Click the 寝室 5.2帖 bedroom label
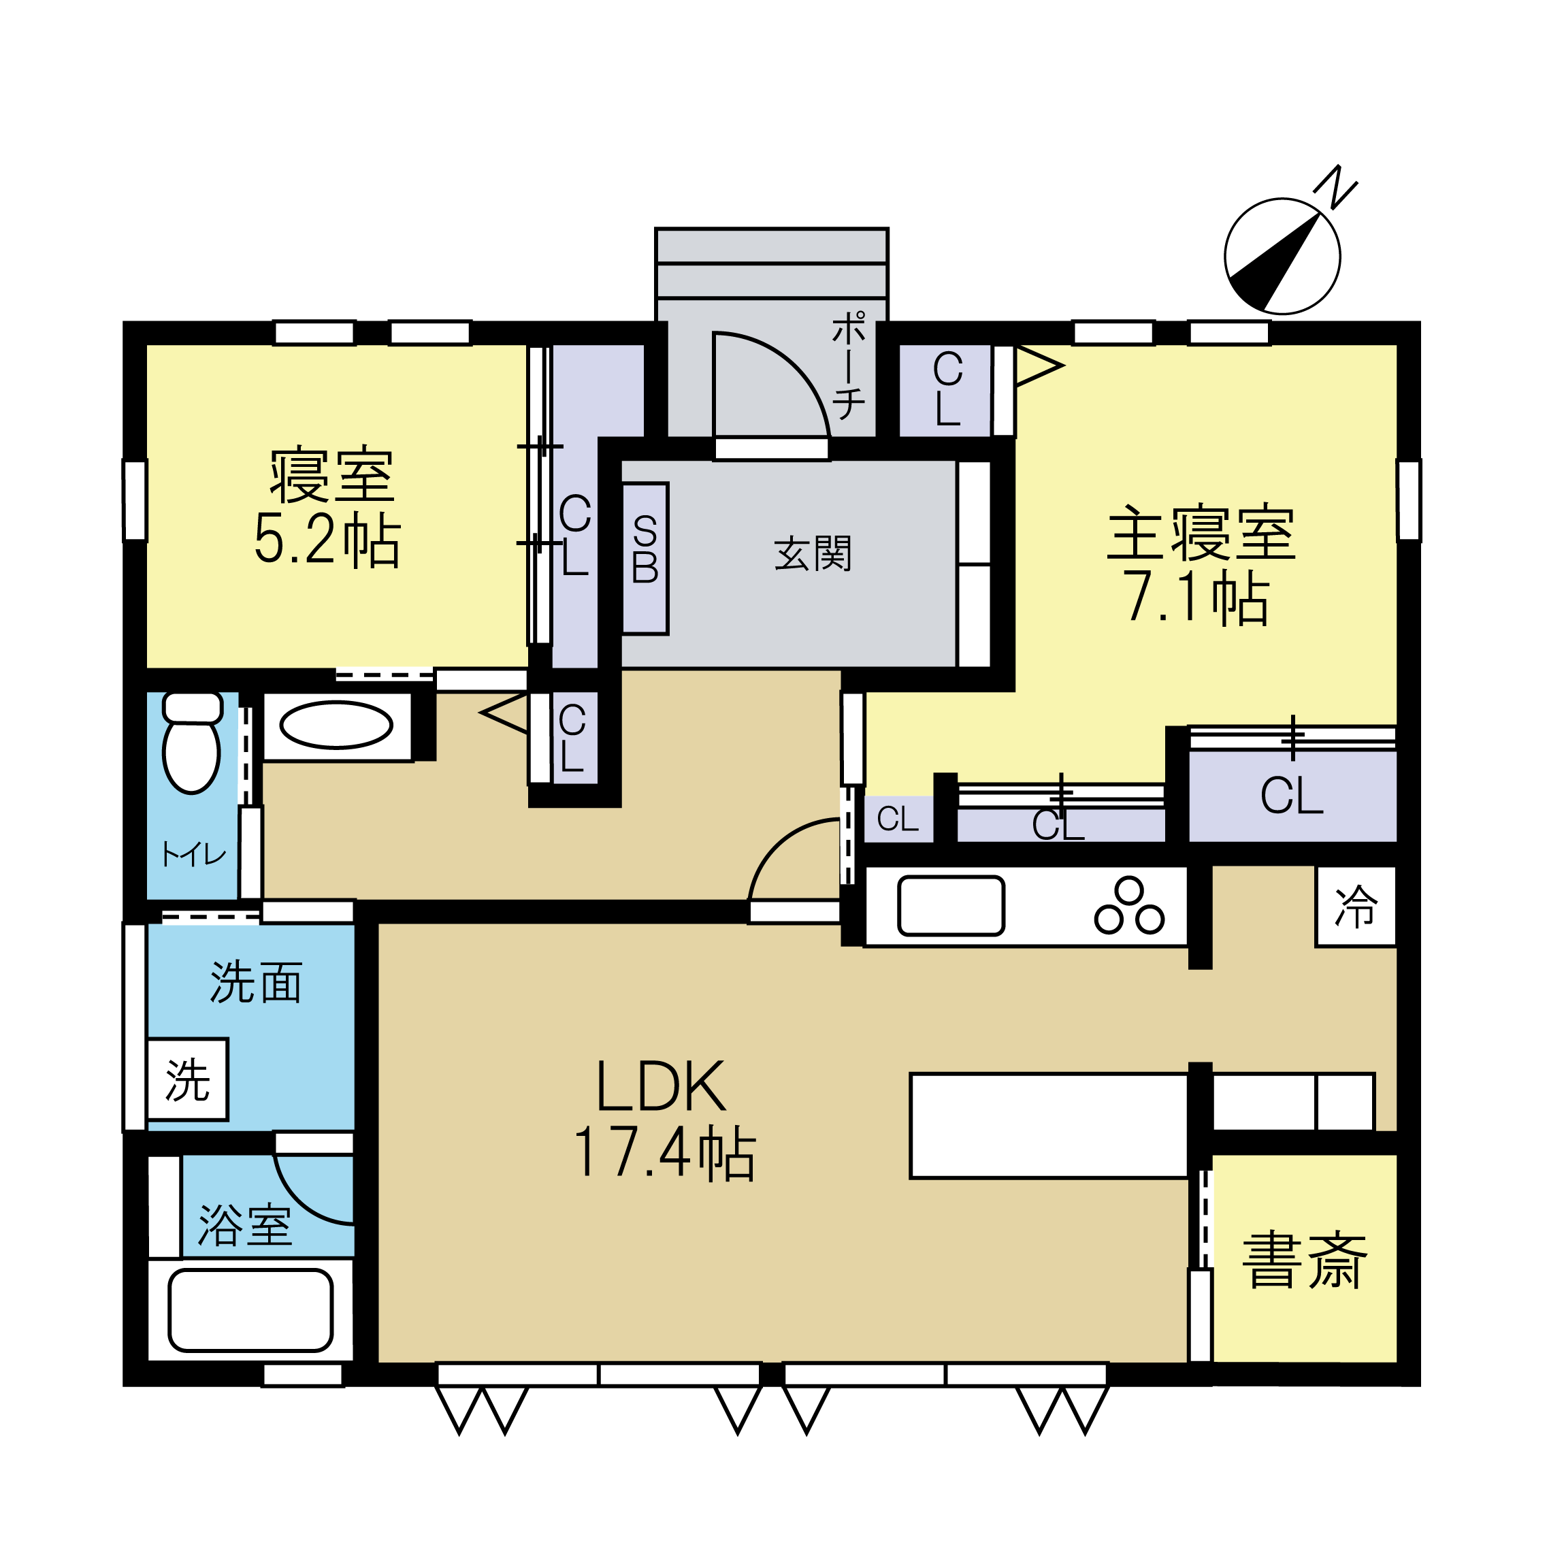pyautogui.click(x=328, y=506)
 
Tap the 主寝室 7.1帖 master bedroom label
pyautogui.click(x=1201, y=564)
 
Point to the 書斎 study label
pyautogui.click(x=1304, y=1260)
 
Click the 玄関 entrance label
pyautogui.click(x=813, y=554)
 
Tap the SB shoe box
pyautogui.click(x=645, y=559)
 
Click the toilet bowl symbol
pyautogui.click(x=192, y=743)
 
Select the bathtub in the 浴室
pyautogui.click(x=250, y=1311)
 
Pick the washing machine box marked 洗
pyautogui.click(x=188, y=1080)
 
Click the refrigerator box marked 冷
pyautogui.click(x=1356, y=906)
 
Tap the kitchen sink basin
pyautogui.click(x=951, y=906)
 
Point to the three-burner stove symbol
pyautogui.click(x=1129, y=906)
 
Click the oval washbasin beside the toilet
pyautogui.click(x=336, y=726)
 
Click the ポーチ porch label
pyautogui.click(x=849, y=366)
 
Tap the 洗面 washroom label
pyautogui.click(x=256, y=983)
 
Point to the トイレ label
pyautogui.click(x=193, y=855)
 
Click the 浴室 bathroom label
pyautogui.click(x=244, y=1225)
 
